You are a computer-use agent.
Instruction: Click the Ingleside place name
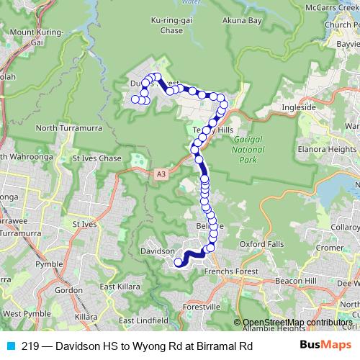tap(300, 107)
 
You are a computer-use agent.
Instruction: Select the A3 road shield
tap(158, 174)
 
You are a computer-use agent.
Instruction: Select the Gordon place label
tap(68, 290)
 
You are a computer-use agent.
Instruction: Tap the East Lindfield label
tap(144, 320)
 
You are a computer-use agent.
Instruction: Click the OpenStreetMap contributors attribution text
tap(297, 323)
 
